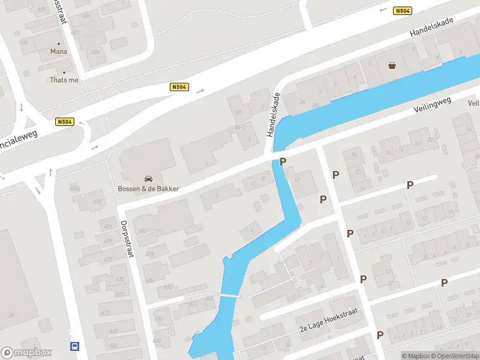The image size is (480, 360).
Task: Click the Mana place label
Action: [x=59, y=52]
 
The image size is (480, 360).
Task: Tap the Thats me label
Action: [x=64, y=80]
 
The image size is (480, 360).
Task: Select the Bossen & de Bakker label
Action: [x=148, y=189]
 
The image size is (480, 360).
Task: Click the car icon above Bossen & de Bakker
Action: [x=148, y=178]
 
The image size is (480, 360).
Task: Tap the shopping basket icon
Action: [x=392, y=65]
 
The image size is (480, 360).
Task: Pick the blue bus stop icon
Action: [x=75, y=346]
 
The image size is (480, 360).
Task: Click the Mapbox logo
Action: [x=26, y=353]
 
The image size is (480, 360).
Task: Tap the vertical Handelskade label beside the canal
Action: [x=272, y=114]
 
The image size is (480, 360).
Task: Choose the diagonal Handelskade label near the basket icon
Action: [x=431, y=27]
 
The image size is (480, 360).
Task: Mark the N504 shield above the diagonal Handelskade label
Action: [x=403, y=11]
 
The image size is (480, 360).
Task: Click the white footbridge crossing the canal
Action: [x=234, y=295]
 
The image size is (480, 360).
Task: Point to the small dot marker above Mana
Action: [x=59, y=43]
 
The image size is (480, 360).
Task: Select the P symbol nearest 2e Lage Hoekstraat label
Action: [x=380, y=335]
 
